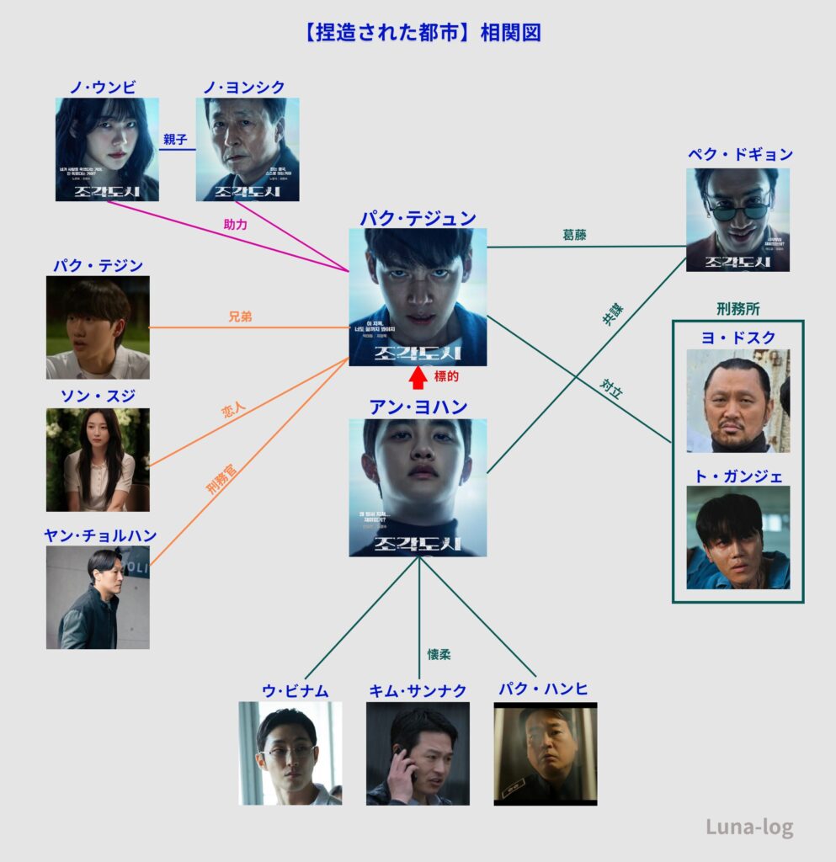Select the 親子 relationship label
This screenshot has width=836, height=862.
coord(177,140)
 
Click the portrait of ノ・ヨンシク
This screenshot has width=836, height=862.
coord(248,150)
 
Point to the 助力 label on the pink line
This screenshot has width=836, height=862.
coord(236,225)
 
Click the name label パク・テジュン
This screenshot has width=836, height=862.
coord(418,218)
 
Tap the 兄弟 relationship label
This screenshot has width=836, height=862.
coord(241,317)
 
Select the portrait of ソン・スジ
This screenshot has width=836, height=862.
coord(98,460)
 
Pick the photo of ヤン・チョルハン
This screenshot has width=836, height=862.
coord(98,597)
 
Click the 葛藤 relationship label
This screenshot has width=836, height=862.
coord(575,236)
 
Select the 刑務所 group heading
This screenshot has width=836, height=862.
coord(737,308)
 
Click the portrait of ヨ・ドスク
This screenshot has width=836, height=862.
coord(737,401)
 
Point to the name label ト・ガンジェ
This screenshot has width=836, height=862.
coord(737,476)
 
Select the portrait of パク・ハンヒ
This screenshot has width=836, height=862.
coord(546,754)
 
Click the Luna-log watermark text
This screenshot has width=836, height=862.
coord(749,827)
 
